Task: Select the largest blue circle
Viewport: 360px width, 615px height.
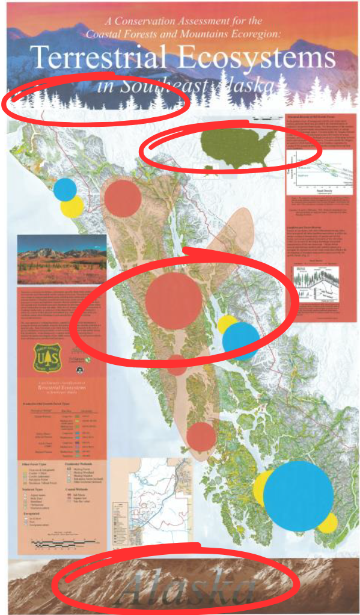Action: [x=298, y=496]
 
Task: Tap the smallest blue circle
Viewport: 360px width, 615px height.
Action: [x=65, y=189]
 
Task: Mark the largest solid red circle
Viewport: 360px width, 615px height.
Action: [x=174, y=301]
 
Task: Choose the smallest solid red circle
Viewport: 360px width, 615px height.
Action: [x=177, y=364]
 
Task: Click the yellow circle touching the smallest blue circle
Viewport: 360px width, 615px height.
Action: [x=73, y=206]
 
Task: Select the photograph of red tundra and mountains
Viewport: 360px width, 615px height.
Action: [x=61, y=259]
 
